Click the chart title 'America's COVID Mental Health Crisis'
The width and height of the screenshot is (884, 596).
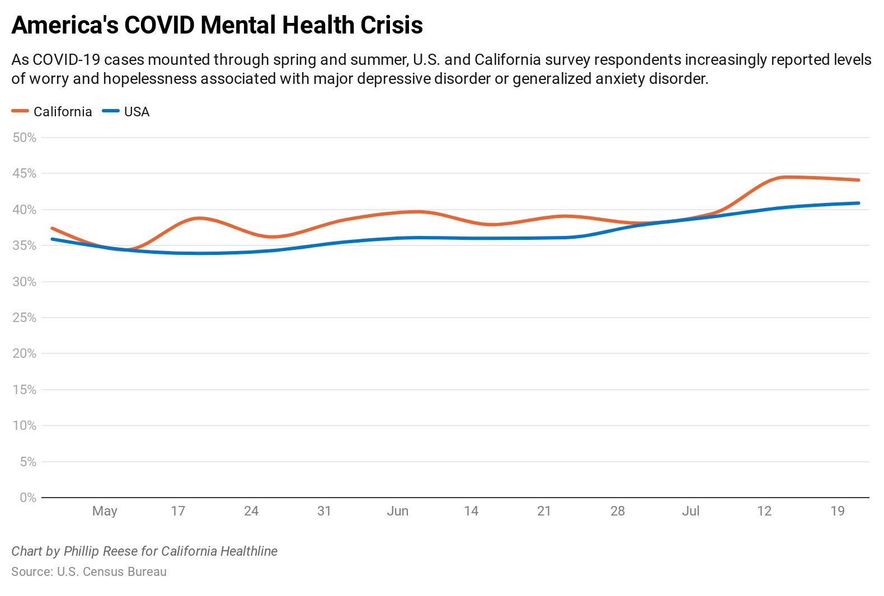pos(217,26)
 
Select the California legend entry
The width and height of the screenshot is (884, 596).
pos(52,112)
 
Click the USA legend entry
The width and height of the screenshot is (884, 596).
pos(126,112)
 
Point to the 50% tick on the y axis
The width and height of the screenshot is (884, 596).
pos(25,138)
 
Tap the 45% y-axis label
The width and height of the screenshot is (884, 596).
pos(25,174)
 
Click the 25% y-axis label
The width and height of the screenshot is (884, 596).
pos(25,318)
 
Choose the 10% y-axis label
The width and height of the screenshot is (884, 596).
pos(25,425)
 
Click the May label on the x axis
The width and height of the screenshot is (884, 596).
pos(105,511)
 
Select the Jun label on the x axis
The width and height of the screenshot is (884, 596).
pos(398,511)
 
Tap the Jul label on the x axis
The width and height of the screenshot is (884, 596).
pos(691,511)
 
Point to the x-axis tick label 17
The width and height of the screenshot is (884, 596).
pos(178,511)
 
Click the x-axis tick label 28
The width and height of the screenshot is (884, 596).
pos(618,511)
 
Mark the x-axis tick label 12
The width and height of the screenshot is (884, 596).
pos(764,511)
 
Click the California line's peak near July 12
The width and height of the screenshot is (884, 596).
pos(786,177)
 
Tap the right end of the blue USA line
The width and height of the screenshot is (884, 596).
pos(858,203)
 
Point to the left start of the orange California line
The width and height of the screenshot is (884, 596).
pos(52,228)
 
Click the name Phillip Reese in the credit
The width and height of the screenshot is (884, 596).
pos(101,551)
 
